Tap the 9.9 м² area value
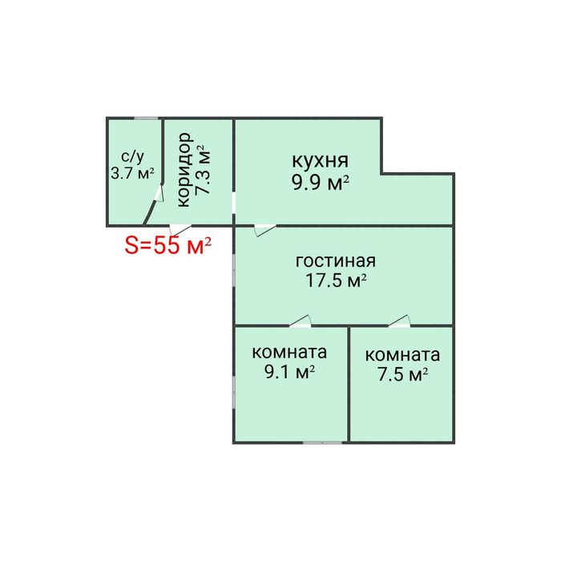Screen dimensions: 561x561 321,182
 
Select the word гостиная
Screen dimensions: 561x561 335,261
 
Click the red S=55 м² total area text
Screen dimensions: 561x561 167,246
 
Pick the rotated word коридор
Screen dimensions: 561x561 183,171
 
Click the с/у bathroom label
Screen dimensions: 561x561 132,157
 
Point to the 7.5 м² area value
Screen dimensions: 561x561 402,374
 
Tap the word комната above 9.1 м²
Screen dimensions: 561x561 289,352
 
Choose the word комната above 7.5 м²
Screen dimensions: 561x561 402,355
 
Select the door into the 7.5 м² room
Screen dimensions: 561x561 399,321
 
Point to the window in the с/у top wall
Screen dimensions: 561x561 146,119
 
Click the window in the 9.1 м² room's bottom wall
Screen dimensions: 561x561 307,442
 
